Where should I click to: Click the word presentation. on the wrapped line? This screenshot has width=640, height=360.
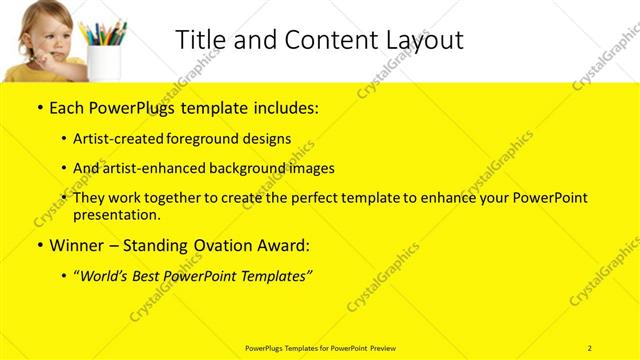click(x=116, y=214)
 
